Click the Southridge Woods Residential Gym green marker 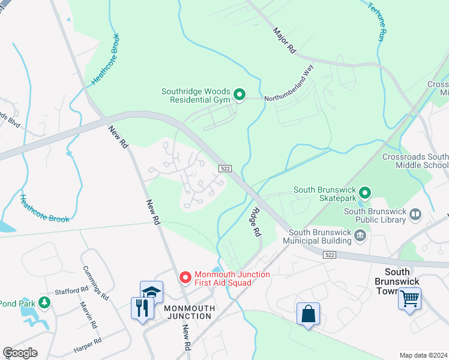pos(239,95)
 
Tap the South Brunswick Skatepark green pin pos(364,193)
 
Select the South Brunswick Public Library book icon pos(415,214)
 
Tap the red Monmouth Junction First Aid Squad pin pos(185,278)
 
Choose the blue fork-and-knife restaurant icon pos(142,308)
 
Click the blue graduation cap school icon pos(151,293)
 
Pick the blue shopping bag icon pos(308,314)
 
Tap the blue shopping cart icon pos(409,298)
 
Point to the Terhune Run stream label pos(375,22)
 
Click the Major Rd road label pos(285,41)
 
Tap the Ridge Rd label pos(256,221)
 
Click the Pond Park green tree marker pos(44,302)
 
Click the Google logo pos(20,353)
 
